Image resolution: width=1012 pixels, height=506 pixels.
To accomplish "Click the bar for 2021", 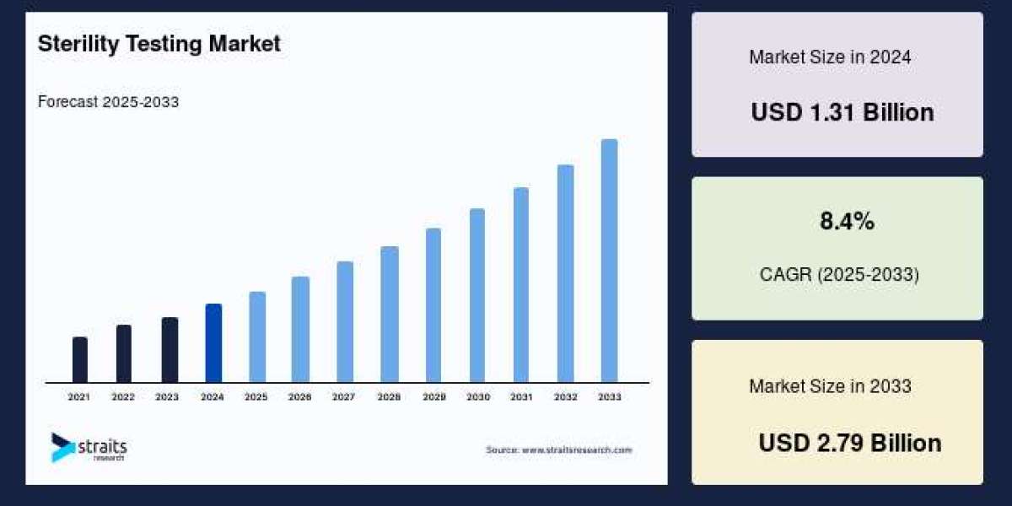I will (x=80, y=360).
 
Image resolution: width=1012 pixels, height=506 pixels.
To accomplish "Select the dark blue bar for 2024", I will (x=213, y=343).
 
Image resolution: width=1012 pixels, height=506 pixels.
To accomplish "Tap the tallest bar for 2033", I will (x=609, y=261).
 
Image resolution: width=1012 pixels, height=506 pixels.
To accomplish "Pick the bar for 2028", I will (x=389, y=314).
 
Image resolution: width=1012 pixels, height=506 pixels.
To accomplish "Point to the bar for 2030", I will (x=477, y=295).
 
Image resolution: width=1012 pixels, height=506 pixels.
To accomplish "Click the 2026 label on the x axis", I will (x=300, y=396).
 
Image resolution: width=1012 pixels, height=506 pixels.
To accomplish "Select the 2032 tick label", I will (x=565, y=396).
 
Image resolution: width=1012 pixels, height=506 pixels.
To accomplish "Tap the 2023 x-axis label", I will (x=167, y=396).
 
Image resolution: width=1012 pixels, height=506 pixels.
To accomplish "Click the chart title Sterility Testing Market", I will (x=159, y=44).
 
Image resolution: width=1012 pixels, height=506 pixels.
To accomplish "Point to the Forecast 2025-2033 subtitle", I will (x=108, y=102).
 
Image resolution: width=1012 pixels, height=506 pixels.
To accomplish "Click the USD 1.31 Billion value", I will (x=842, y=112).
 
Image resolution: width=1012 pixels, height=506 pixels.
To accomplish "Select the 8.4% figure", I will (x=847, y=222).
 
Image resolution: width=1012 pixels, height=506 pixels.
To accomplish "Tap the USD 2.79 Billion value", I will (x=849, y=443).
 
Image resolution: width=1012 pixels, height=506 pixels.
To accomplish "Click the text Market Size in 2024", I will (x=830, y=57).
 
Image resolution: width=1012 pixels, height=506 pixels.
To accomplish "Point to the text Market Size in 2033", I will (x=830, y=386).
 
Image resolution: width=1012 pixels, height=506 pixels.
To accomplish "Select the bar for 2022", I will (x=123, y=353).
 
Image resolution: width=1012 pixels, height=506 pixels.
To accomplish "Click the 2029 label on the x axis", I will (x=433, y=396).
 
